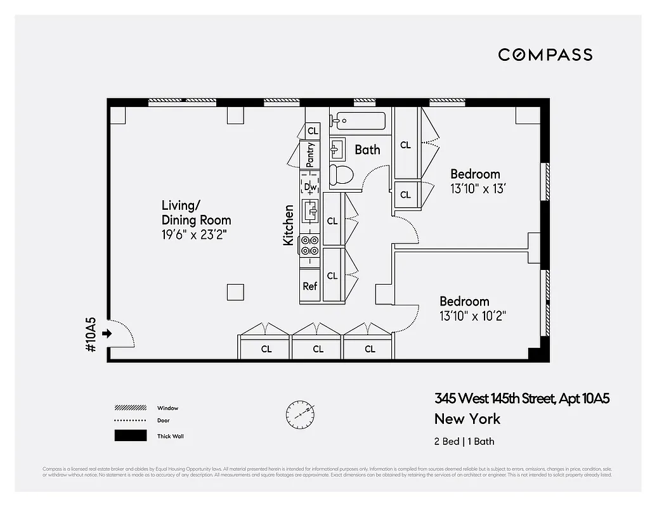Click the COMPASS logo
click(545, 55)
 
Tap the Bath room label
click(367, 150)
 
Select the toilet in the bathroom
click(341, 175)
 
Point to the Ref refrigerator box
click(310, 286)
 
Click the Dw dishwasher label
click(311, 187)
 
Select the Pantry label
click(311, 154)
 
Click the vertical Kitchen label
click(289, 225)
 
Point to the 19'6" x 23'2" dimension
click(194, 235)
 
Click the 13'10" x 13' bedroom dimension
click(478, 189)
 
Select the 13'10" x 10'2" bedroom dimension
click(472, 316)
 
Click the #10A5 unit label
click(90, 334)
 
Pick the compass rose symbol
click(300, 413)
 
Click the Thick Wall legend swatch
click(130, 435)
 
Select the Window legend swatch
click(130, 408)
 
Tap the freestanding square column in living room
click(235, 292)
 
